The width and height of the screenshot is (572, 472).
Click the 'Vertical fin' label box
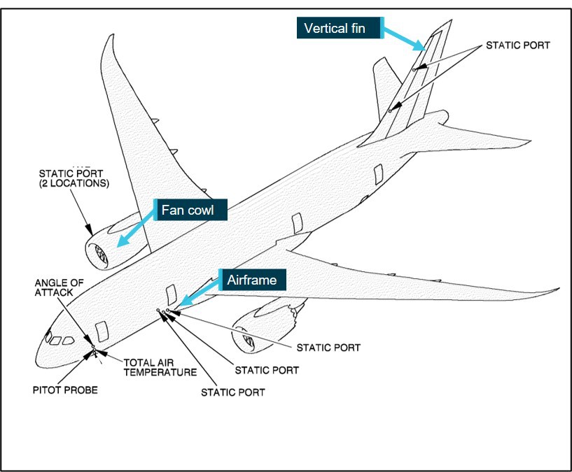point(340,29)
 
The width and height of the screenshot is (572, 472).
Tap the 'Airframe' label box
point(252,280)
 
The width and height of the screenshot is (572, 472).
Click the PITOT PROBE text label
point(64,389)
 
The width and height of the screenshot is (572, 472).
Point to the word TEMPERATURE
point(160,372)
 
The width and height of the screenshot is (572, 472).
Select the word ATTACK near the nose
point(54,292)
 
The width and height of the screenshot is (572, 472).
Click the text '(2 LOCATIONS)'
point(74,184)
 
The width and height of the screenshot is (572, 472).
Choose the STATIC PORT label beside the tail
point(518,45)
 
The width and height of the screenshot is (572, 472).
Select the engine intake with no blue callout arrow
point(247,341)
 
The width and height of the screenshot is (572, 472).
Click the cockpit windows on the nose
point(60,340)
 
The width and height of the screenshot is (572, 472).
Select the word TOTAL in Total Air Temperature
point(138,362)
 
